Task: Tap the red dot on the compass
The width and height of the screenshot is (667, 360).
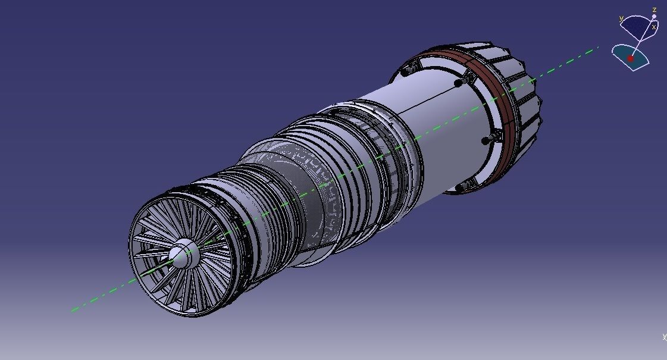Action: (630, 59)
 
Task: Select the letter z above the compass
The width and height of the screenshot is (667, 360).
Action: (654, 10)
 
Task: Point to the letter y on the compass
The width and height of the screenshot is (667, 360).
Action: (621, 19)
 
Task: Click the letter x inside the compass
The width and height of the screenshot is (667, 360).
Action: (653, 27)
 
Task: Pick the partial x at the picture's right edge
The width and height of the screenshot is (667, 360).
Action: (664, 337)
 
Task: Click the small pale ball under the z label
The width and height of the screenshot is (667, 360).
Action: (654, 17)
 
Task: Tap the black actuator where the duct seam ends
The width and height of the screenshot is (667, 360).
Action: (458, 83)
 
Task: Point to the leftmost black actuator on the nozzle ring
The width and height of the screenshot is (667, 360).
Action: (406, 72)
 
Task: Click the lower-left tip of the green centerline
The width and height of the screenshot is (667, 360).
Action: (73, 310)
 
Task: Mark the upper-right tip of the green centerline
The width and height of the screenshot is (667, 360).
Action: (597, 48)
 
